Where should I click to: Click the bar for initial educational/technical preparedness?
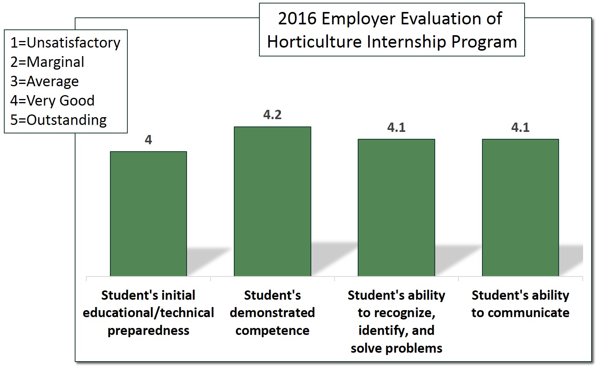pyautogui.click(x=148, y=213)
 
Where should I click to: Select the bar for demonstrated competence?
pyautogui.click(x=272, y=201)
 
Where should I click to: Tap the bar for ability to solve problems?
pyautogui.click(x=396, y=207)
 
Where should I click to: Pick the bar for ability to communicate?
pyautogui.click(x=520, y=207)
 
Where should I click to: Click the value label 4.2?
pyautogui.click(x=272, y=115)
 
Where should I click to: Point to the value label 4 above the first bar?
pyautogui.click(x=148, y=140)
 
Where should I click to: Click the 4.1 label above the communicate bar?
pyautogui.click(x=520, y=127)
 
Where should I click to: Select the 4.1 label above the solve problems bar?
pyautogui.click(x=396, y=127)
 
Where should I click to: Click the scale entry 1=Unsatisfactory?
pyautogui.click(x=65, y=43)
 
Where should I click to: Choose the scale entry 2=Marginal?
pyautogui.click(x=47, y=62)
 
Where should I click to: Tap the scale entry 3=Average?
pyautogui.click(x=45, y=81)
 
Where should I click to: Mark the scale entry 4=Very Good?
pyautogui.click(x=52, y=101)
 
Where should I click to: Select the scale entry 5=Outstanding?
pyautogui.click(x=58, y=120)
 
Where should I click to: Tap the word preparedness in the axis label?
pyautogui.click(x=148, y=331)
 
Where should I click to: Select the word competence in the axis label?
pyautogui.click(x=272, y=331)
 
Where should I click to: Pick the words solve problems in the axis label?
pyautogui.click(x=396, y=348)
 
